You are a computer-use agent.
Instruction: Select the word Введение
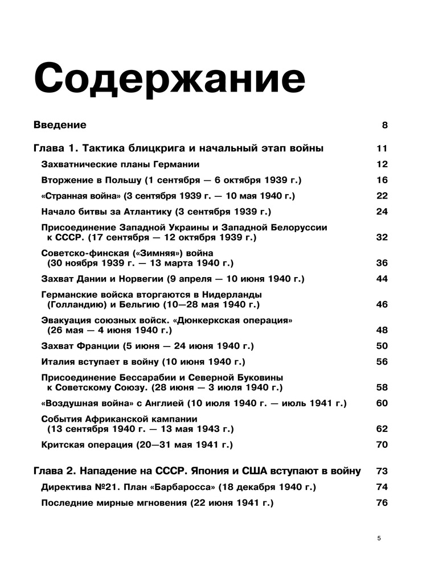(60, 125)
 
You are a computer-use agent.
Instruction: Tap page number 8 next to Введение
(384, 125)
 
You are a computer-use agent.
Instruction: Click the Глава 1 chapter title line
(179, 149)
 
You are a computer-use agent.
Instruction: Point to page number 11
(382, 149)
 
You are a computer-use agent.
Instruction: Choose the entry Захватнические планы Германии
(120, 164)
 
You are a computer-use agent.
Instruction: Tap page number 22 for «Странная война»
(382, 196)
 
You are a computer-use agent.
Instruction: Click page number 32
(382, 237)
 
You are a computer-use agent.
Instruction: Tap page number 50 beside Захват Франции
(382, 346)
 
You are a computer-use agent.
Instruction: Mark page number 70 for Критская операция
(382, 444)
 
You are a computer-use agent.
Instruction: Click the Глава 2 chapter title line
(197, 471)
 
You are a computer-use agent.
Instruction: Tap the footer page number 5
(379, 538)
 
